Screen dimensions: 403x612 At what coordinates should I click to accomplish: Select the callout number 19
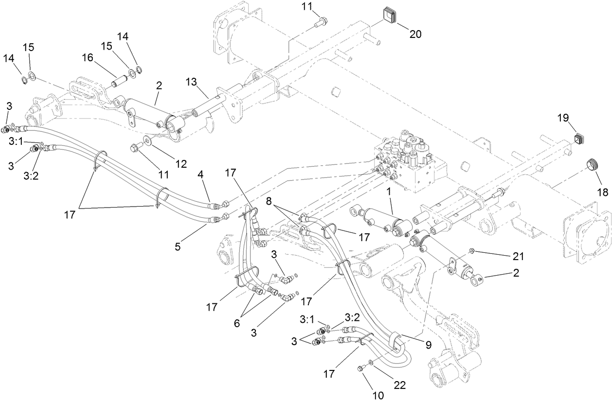tap(563, 118)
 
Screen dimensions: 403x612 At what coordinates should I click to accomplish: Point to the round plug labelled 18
tap(591, 164)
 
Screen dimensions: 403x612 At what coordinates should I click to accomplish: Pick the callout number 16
tap(88, 58)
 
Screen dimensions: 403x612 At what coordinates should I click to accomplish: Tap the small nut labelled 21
tap(472, 251)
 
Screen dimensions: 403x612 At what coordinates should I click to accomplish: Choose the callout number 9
tap(429, 345)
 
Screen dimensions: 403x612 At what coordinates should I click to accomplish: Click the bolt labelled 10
tap(361, 369)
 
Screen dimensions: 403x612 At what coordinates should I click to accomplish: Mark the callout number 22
tap(400, 385)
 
